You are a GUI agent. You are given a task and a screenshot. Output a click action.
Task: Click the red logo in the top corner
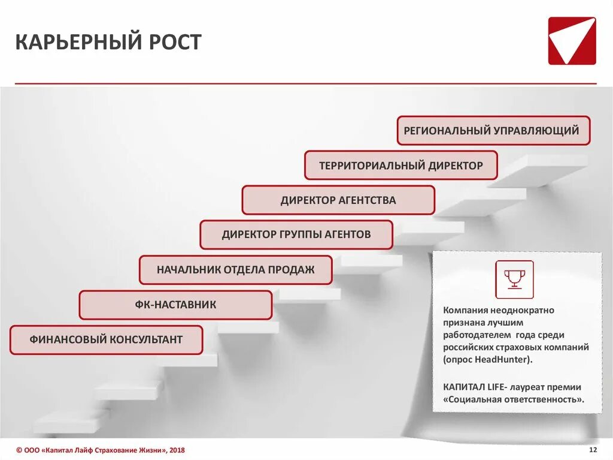[572, 41]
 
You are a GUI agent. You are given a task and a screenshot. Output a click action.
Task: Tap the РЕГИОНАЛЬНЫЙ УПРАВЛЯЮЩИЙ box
[493, 131]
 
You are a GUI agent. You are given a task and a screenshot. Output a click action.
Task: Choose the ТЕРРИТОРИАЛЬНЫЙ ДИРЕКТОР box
[400, 166]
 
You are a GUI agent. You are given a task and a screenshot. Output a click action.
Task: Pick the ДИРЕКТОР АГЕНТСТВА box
[338, 200]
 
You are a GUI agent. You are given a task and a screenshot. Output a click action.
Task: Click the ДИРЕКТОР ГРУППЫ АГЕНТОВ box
[296, 234]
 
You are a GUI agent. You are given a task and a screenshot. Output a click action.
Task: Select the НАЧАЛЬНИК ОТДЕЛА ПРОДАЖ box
[235, 270]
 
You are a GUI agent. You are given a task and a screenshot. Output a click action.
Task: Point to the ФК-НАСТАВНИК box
[175, 305]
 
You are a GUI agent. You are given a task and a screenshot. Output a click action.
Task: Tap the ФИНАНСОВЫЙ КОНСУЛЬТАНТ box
[106, 339]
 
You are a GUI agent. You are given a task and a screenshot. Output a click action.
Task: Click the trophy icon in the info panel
[514, 279]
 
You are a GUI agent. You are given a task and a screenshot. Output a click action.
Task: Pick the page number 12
[593, 450]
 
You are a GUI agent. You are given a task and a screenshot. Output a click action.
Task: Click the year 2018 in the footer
[177, 450]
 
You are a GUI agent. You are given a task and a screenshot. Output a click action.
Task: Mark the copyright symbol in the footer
[19, 450]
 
